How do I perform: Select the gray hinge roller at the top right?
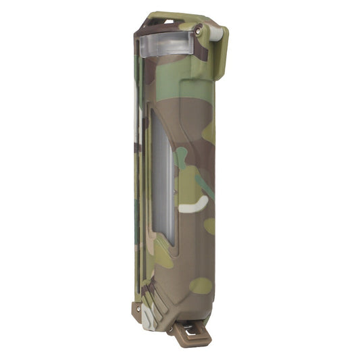click(x=216, y=32)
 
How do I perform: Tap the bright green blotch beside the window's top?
click(x=181, y=158)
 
